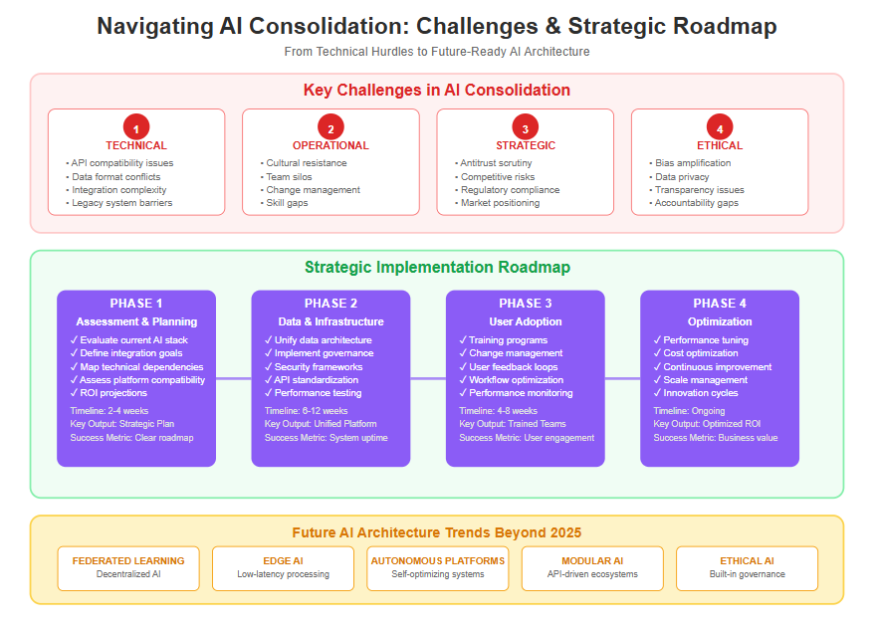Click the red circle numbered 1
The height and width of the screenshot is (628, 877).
click(x=136, y=127)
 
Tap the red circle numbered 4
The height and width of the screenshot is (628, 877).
click(x=720, y=127)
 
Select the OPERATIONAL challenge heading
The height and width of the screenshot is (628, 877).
click(x=330, y=146)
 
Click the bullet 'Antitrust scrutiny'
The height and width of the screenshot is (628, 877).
click(x=496, y=163)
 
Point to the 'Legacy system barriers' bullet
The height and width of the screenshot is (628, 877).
click(x=121, y=203)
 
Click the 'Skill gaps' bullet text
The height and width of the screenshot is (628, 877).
click(x=287, y=203)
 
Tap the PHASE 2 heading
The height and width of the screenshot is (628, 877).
click(x=330, y=304)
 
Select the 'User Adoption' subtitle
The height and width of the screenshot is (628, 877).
click(x=525, y=321)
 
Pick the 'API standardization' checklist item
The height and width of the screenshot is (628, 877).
click(x=317, y=380)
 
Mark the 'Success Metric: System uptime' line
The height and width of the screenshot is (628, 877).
click(x=327, y=438)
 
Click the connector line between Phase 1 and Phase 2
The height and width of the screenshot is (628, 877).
click(x=234, y=378)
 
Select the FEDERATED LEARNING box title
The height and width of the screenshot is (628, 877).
click(x=128, y=561)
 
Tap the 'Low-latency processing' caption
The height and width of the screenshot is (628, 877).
click(x=283, y=574)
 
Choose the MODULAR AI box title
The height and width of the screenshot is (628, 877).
click(x=592, y=561)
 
